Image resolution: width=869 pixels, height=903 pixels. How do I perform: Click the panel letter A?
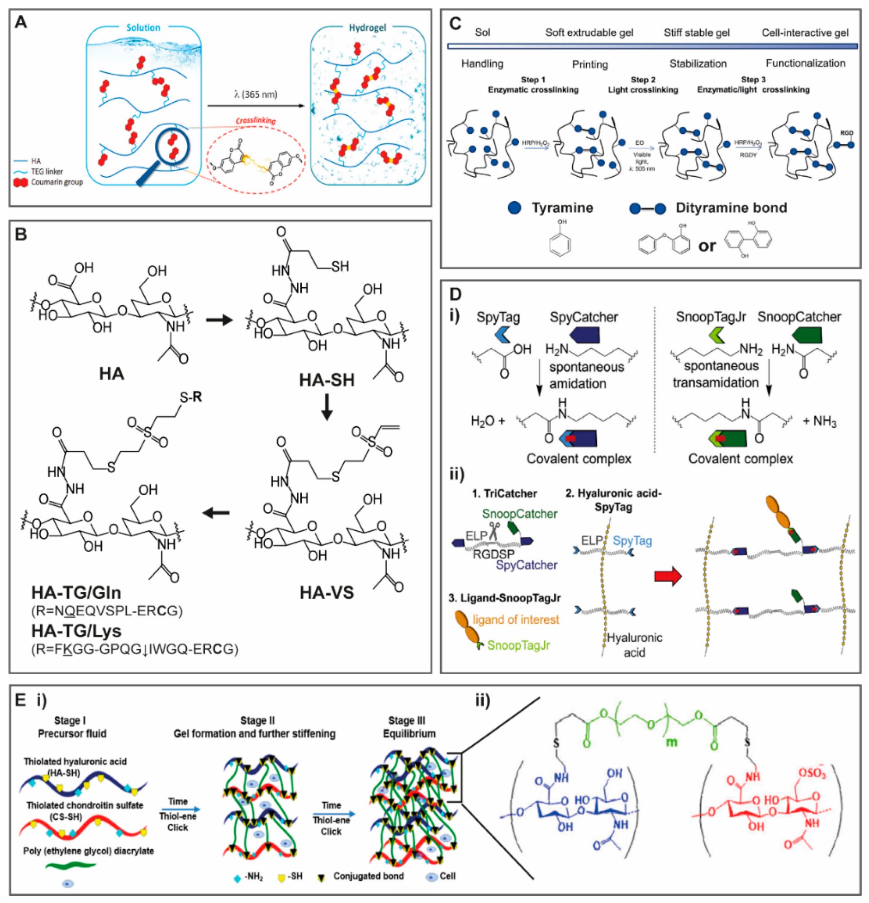pos(21,22)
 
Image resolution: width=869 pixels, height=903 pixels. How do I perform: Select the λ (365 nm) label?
pos(255,95)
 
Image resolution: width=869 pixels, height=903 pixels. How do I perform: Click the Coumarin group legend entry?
pos(57,182)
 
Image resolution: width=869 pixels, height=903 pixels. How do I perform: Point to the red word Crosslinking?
pos(256,121)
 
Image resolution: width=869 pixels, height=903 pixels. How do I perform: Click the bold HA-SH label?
pos(327,380)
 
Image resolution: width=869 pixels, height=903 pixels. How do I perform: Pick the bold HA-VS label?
pos(327,592)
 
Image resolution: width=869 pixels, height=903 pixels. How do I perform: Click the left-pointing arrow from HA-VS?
pos(216,512)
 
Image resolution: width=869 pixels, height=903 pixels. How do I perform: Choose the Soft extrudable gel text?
pos(589,32)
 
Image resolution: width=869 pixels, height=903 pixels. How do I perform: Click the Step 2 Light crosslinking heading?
pos(643,85)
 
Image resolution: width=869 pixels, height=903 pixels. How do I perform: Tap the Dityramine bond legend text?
pos(731,208)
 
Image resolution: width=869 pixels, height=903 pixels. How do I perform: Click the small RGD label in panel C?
pos(847,132)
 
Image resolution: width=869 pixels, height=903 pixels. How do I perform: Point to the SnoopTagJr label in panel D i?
pos(710,317)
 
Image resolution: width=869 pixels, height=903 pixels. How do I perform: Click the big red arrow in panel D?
pos(668,576)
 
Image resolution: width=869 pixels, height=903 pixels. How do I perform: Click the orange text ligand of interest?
pos(516,619)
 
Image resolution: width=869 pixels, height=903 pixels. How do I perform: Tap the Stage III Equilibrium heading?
pos(408,727)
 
